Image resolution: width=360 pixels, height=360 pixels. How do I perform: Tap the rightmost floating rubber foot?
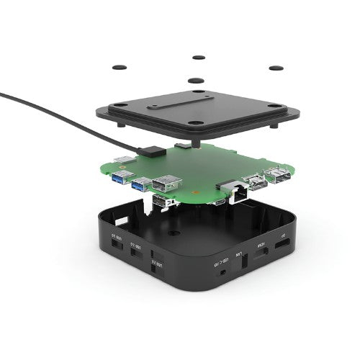(x=274, y=68)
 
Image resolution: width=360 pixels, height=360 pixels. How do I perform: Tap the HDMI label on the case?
(x=261, y=245)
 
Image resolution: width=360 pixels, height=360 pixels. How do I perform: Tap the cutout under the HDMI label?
(x=262, y=256)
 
